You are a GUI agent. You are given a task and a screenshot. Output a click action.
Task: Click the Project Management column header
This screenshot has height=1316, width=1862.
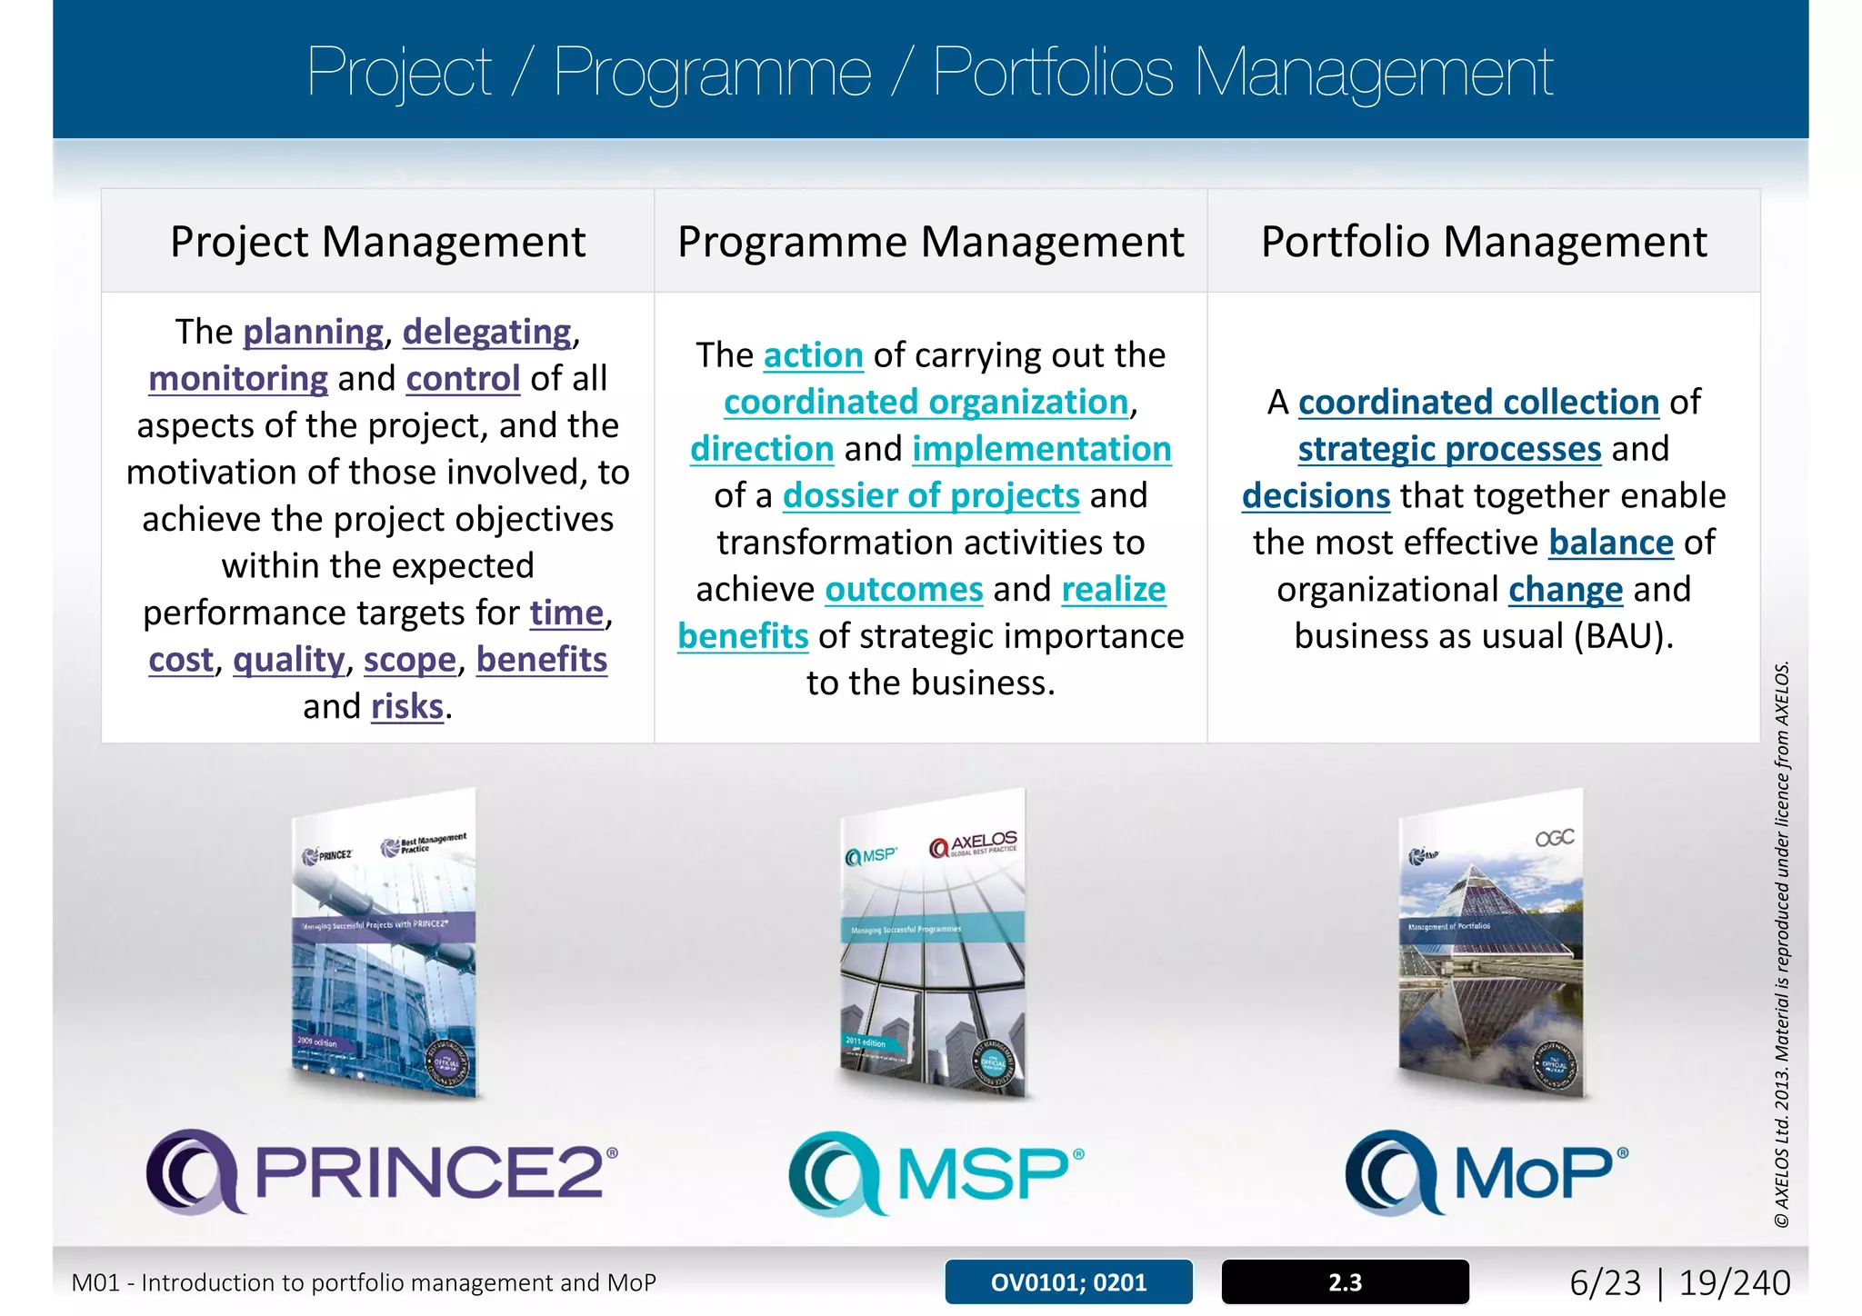click(377, 242)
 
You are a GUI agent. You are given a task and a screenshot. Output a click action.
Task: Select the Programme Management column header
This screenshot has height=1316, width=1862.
click(930, 242)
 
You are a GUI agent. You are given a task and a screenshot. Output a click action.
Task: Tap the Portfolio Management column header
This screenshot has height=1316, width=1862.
click(1484, 242)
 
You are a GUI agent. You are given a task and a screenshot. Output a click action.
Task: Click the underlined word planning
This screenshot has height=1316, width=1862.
click(313, 332)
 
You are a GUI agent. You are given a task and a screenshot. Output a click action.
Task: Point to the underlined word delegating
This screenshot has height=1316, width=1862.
click(487, 332)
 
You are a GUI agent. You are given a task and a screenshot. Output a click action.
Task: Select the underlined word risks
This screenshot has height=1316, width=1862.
click(407, 706)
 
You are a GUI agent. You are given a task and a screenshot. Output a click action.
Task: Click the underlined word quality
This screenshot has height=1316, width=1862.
click(289, 660)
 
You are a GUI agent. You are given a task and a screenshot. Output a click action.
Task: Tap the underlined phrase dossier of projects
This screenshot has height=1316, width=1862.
click(931, 495)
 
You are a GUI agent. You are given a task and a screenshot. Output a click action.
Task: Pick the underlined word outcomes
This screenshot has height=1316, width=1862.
click(904, 589)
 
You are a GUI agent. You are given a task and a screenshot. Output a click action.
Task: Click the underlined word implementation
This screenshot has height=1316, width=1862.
click(1042, 449)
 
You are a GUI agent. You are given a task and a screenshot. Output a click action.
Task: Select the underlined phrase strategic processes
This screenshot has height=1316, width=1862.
click(1449, 449)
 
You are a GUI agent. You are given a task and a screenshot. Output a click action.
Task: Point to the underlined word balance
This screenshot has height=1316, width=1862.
click(1611, 543)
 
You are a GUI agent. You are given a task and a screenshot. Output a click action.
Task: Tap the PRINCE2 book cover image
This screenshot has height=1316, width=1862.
click(385, 945)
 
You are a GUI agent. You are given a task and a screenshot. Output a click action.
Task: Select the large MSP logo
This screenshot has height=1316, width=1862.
click(936, 1172)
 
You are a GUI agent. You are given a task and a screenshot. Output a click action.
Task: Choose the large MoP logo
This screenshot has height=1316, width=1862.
click(1487, 1172)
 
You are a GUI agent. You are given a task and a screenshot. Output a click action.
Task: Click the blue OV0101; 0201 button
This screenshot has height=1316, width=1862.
click(1068, 1282)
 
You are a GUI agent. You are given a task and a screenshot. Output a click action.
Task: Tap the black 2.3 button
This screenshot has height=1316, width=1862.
click(1345, 1282)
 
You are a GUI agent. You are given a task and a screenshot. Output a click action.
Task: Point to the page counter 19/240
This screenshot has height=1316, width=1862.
click(1734, 1282)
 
